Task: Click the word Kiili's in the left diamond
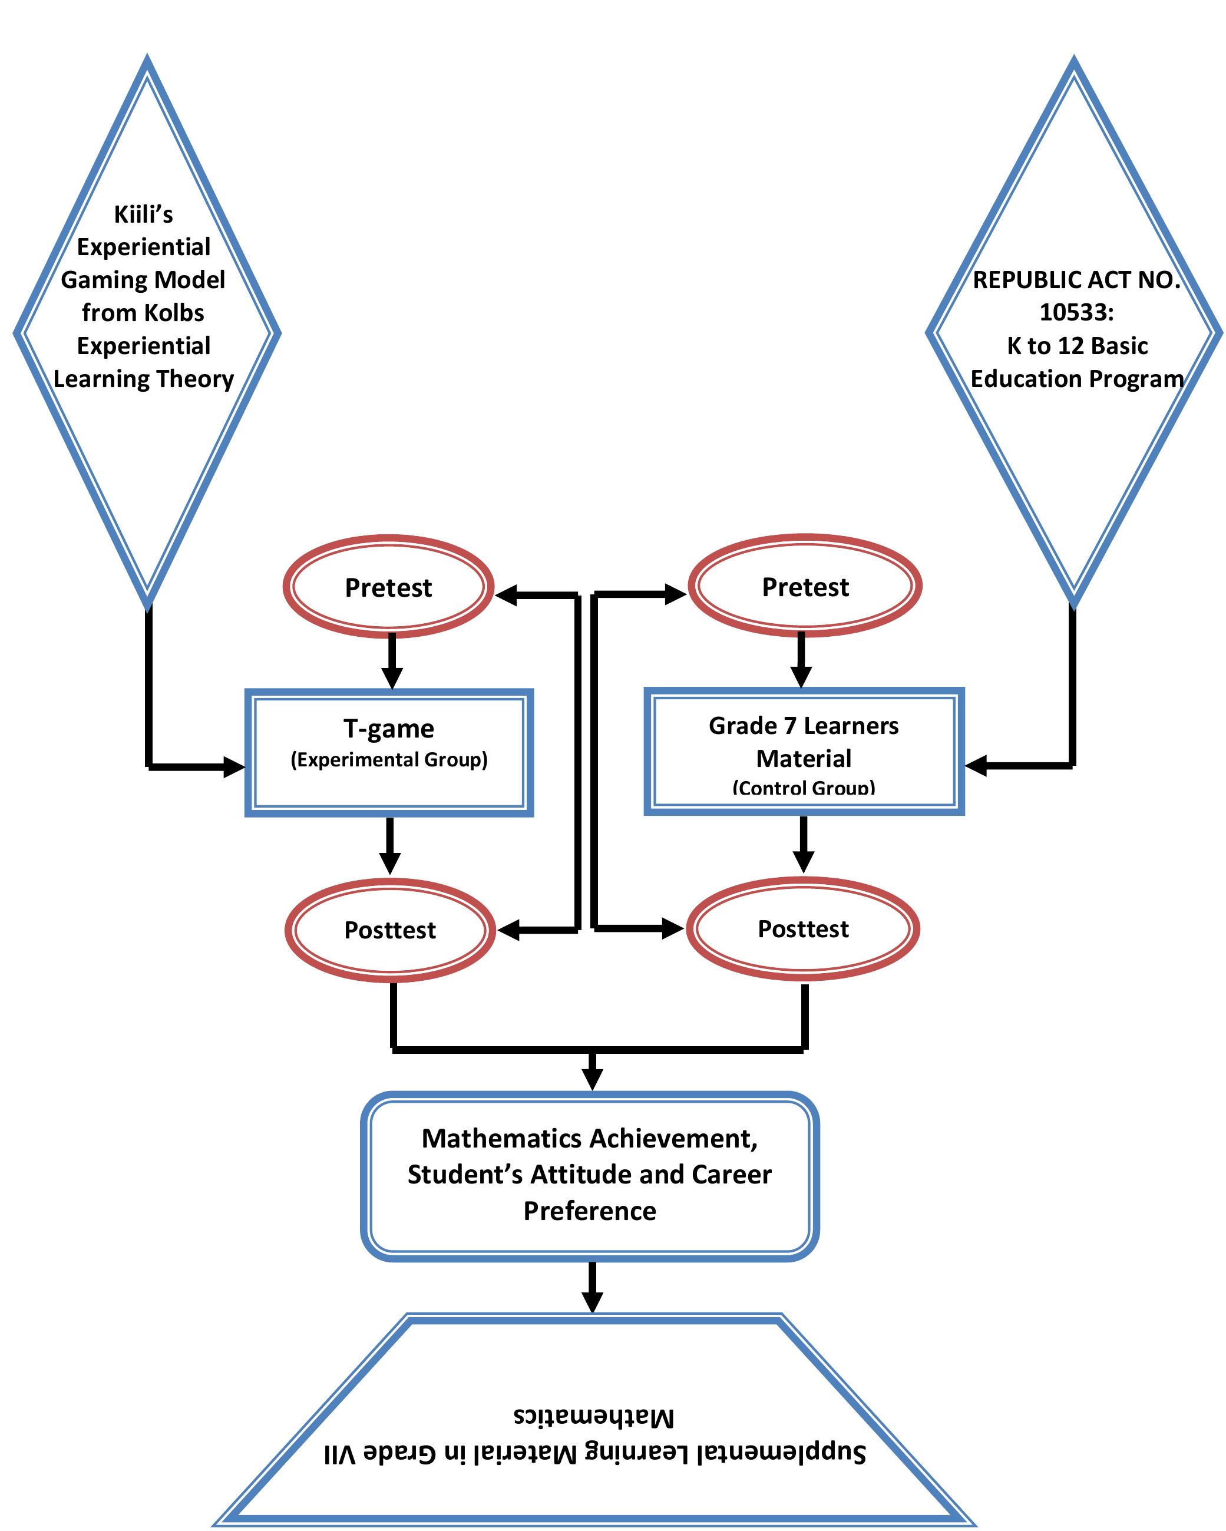[144, 214]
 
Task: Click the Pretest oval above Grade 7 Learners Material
[805, 587]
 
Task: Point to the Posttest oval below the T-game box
[389, 930]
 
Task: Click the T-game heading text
[389, 729]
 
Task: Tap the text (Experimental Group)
[389, 760]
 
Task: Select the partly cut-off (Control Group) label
[804, 788]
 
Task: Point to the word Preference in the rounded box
[590, 1211]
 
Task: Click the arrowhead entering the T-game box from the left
[234, 767]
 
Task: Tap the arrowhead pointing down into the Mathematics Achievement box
[591, 1079]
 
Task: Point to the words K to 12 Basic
[1077, 346]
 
